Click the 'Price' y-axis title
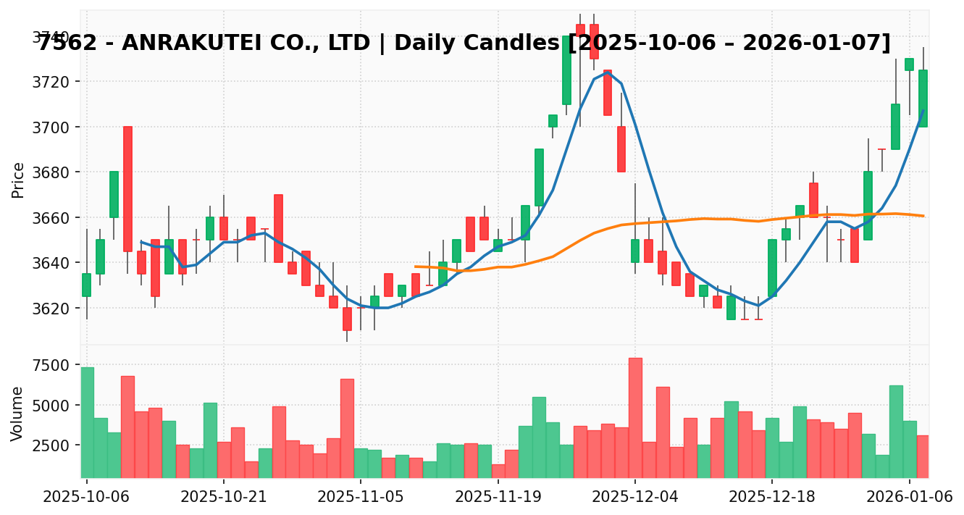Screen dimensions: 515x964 (18, 180)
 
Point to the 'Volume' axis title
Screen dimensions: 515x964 (18, 414)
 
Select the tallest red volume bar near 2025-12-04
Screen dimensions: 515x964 (635, 417)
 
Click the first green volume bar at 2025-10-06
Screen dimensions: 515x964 (87, 422)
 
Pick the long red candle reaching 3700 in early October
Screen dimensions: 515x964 (127, 188)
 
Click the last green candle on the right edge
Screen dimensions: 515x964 (923, 98)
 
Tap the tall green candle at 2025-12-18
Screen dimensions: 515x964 (772, 268)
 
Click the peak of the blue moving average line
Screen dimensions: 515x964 (607, 72)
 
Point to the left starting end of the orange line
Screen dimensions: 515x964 (415, 267)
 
